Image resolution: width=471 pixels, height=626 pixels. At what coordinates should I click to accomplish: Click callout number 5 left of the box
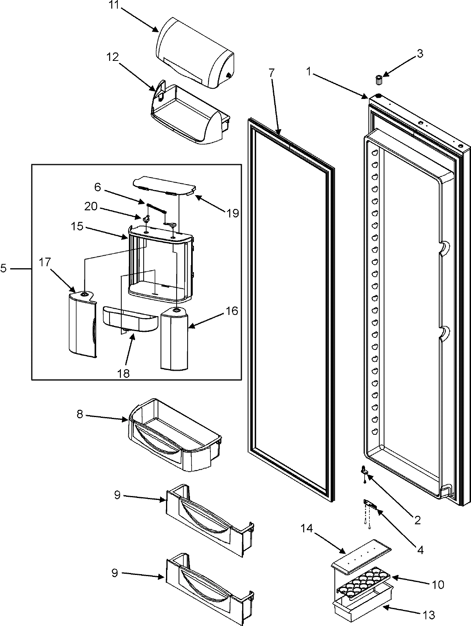[x=4, y=269]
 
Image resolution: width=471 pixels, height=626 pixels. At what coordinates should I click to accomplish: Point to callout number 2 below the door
[x=417, y=520]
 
